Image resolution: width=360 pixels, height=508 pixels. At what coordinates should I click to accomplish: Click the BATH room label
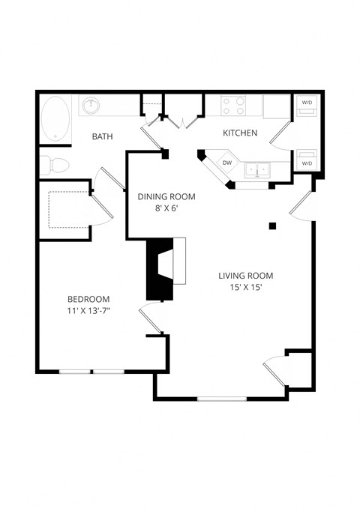pos(103,136)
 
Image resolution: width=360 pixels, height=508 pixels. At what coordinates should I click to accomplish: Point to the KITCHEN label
pos(240,133)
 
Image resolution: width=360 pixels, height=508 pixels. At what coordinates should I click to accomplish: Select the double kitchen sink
pos(258,170)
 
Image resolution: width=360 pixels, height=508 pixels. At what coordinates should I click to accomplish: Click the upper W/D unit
pos(307,106)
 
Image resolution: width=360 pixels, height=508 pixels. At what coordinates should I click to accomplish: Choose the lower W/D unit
pos(307,159)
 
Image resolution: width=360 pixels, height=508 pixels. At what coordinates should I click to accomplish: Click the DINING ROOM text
pos(166,197)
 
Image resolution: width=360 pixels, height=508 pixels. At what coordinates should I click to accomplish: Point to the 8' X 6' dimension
pos(166,211)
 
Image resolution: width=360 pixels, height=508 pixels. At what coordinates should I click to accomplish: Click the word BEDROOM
pos(88,297)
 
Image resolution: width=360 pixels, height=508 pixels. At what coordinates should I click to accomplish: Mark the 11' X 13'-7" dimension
pos(88,311)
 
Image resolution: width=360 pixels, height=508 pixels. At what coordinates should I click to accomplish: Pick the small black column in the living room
pos(273,226)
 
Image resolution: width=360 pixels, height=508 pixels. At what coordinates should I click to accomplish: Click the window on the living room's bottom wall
pos(221,398)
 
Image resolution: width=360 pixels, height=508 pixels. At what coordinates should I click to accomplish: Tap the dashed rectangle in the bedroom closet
pos(69,208)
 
